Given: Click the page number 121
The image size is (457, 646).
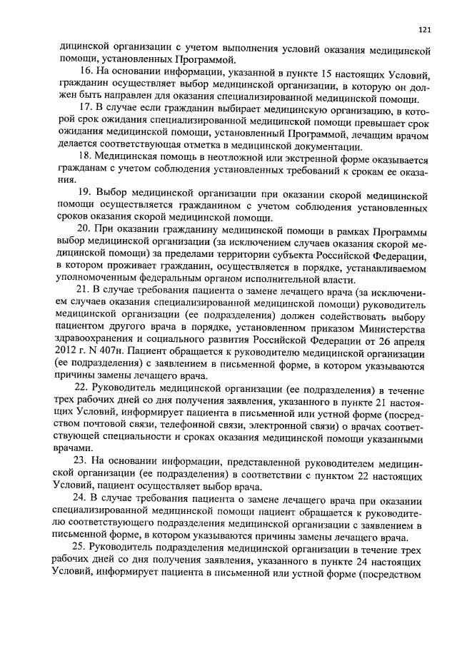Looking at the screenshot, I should tap(423, 30).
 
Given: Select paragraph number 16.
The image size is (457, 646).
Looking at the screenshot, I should tap(85, 74).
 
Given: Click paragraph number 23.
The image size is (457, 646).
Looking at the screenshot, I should tap(85, 460).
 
